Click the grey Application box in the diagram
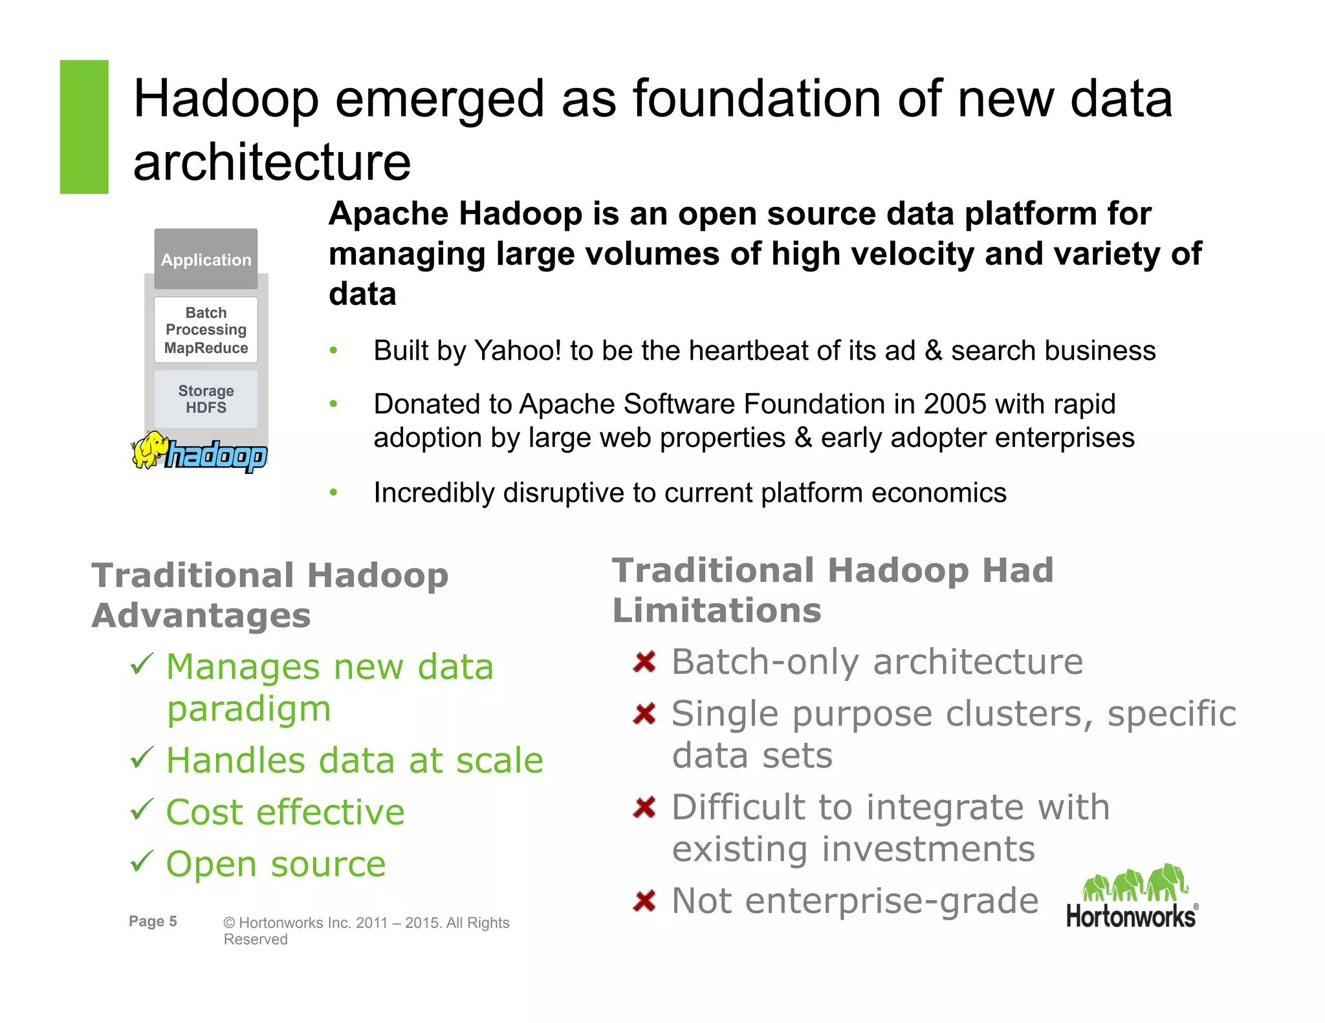206,259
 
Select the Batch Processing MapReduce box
206,330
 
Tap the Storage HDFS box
206,399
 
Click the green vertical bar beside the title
84,127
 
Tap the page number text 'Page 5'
153,921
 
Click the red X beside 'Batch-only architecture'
645,662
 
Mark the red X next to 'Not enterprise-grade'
645,901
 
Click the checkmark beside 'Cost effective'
142,810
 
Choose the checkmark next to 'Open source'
142,861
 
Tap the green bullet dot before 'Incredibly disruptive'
334,493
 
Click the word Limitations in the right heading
717,610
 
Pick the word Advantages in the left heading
201,615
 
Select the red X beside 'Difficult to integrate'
645,808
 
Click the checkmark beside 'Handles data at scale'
142,758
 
